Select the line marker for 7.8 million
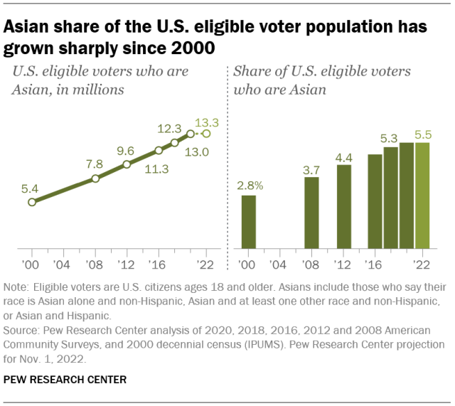point(96,178)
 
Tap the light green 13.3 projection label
point(207,122)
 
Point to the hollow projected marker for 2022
point(206,133)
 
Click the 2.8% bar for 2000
point(249,222)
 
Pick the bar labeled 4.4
point(344,207)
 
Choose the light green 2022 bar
point(423,196)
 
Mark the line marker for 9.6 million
point(127,164)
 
